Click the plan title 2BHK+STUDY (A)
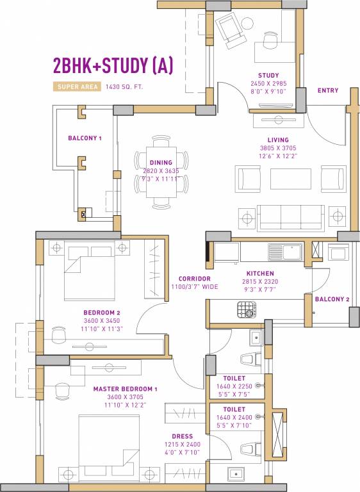tap(113, 65)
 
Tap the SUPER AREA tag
tap(76, 86)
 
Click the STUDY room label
tap(268, 76)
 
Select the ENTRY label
tap(328, 90)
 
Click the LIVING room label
tap(278, 140)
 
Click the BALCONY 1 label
tap(85, 138)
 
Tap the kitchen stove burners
tap(247, 310)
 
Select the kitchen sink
tap(286, 251)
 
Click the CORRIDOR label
tap(195, 279)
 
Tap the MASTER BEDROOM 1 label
tap(125, 389)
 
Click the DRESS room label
tap(183, 437)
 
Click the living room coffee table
tap(290, 178)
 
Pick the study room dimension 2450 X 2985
tap(268, 83)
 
